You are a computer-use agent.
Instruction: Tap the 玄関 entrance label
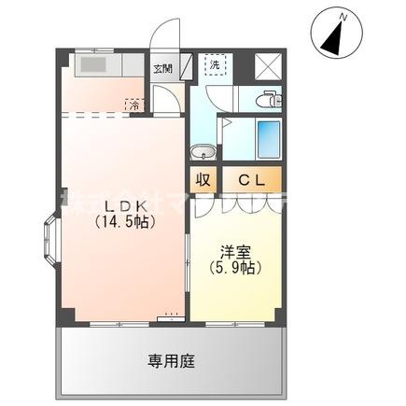(x=163, y=68)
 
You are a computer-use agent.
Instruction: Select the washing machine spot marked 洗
(x=216, y=66)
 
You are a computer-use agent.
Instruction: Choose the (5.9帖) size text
(x=234, y=267)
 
